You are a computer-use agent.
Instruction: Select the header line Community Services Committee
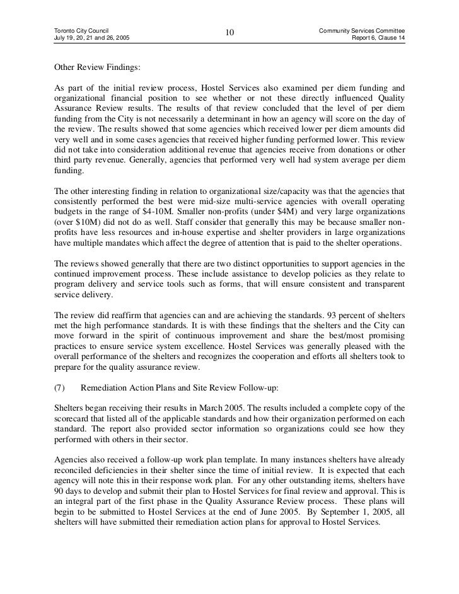point(362,30)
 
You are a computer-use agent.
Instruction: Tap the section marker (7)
point(61,389)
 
